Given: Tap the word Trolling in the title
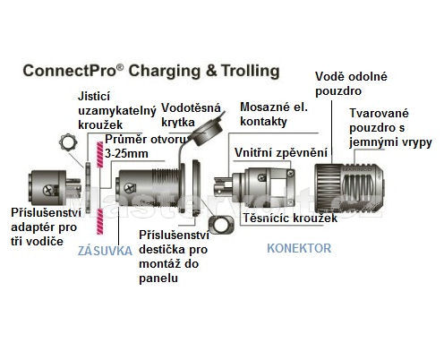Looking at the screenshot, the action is click(x=251, y=71).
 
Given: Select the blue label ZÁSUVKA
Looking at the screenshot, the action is click(x=105, y=251).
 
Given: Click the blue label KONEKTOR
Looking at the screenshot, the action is click(x=299, y=248).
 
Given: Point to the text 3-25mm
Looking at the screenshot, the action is click(x=126, y=154).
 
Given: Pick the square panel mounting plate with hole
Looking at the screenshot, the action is click(x=221, y=225).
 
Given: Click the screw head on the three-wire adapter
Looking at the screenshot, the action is click(x=48, y=190).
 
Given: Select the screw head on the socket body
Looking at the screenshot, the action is click(x=130, y=188).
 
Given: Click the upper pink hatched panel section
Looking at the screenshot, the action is click(x=99, y=154).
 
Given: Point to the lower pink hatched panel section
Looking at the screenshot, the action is click(x=99, y=221).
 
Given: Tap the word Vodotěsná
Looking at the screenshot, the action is click(x=191, y=107).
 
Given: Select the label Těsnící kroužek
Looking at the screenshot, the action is click(x=290, y=218).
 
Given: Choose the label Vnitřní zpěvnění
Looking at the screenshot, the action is click(x=281, y=152).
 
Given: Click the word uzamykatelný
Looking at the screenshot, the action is click(x=117, y=111).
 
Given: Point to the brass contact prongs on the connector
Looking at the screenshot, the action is click(x=223, y=185).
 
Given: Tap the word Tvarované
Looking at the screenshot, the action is click(x=379, y=113).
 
